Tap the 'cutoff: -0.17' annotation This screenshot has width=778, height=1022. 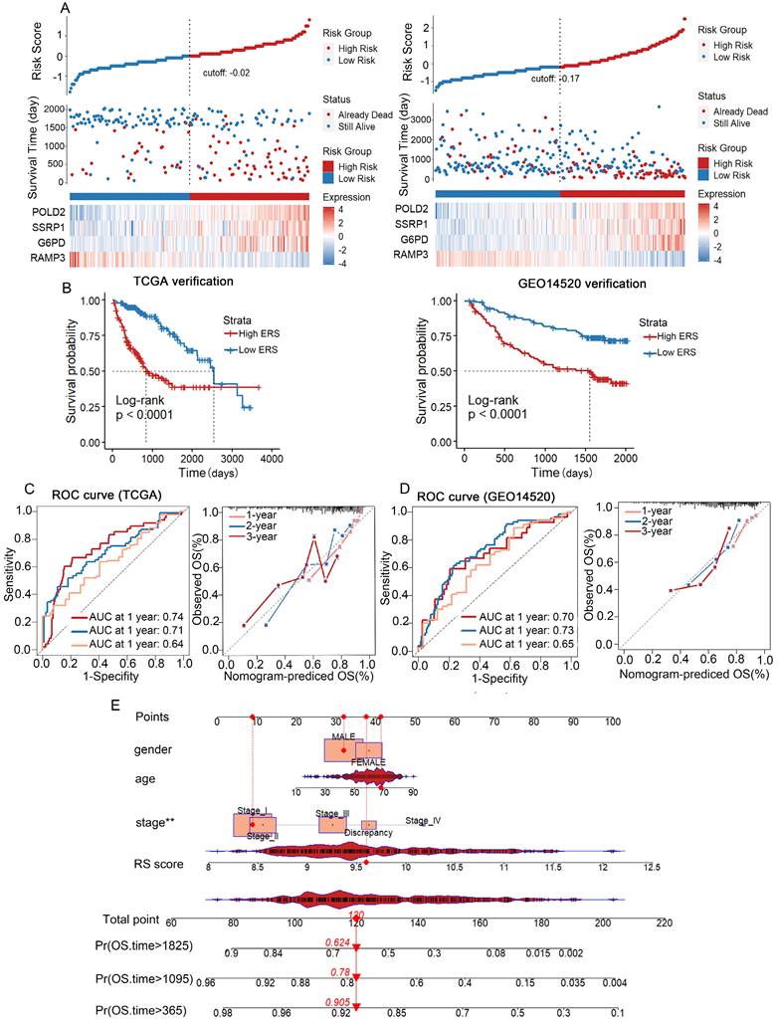pos(559,77)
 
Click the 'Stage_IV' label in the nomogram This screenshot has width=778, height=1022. pos(423,821)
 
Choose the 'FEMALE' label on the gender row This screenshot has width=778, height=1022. pos(370,761)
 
